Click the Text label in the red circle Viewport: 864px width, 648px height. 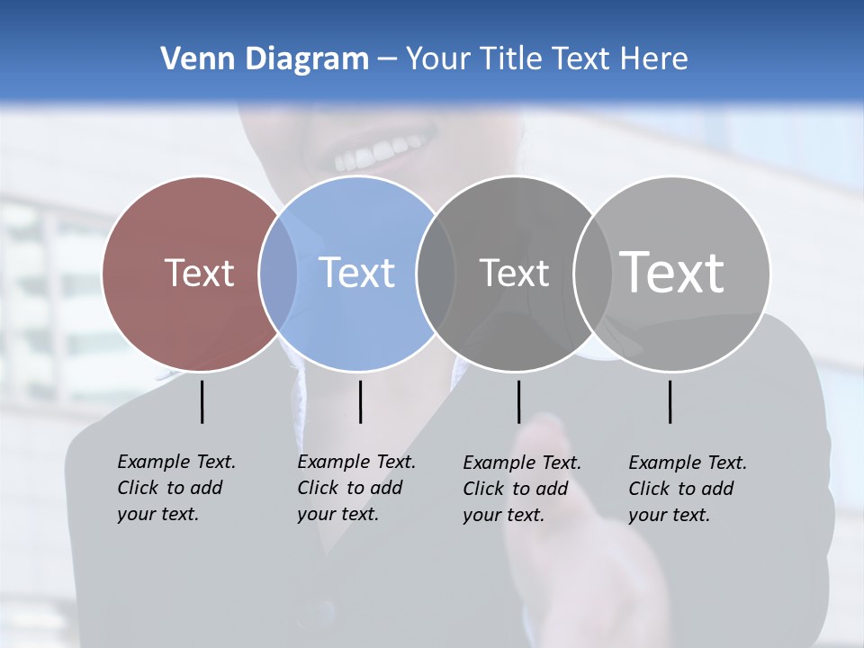coord(199,273)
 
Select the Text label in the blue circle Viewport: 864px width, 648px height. coord(356,273)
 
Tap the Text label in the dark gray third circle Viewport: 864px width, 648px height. coord(514,273)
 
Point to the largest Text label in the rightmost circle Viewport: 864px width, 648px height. coord(671,273)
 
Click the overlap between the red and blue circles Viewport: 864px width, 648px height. coord(278,274)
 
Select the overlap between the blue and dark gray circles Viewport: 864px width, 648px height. coord(436,274)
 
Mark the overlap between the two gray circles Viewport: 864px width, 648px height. coord(592,274)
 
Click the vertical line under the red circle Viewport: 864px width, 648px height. coord(202,401)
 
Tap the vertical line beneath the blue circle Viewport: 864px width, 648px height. coord(360,401)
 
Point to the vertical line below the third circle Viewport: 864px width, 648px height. coord(518,401)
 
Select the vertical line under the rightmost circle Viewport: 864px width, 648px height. coord(670,401)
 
